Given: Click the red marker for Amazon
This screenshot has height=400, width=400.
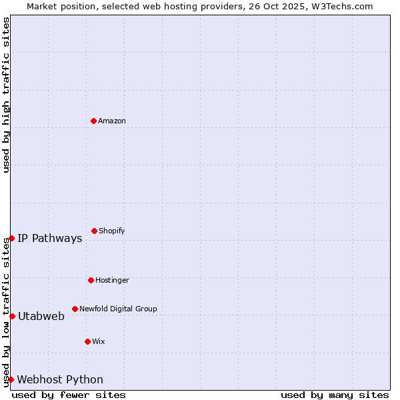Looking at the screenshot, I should pyautogui.click(x=93, y=121).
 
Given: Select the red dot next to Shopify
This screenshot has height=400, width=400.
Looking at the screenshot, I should pyautogui.click(x=94, y=231).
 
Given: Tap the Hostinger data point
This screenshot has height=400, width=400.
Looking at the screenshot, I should pyautogui.click(x=91, y=280).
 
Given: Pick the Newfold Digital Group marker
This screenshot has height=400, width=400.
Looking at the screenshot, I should pyautogui.click(x=75, y=309).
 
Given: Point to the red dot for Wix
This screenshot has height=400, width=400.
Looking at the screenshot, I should pyautogui.click(x=87, y=341).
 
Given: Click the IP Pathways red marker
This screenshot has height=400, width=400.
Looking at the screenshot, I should pyautogui.click(x=11, y=238).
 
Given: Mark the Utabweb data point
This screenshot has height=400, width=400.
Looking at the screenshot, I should pyautogui.click(x=12, y=316).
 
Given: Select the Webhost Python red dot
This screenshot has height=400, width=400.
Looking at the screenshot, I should pyautogui.click(x=11, y=379).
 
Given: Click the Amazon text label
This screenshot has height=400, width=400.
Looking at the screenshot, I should pyautogui.click(x=112, y=121).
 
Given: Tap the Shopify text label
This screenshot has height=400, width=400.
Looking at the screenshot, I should pyautogui.click(x=112, y=231).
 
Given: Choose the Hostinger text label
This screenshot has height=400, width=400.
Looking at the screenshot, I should pyautogui.click(x=112, y=280).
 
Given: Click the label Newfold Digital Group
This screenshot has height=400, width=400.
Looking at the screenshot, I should pyautogui.click(x=118, y=309).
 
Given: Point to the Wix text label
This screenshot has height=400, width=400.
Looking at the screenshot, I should pyautogui.click(x=99, y=341).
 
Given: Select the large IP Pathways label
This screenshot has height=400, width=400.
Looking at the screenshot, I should pyautogui.click(x=50, y=239).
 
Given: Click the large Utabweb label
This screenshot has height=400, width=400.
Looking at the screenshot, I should pyautogui.click(x=41, y=317).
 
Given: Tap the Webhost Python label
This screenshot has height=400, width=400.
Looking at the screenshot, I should pyautogui.click(x=60, y=380).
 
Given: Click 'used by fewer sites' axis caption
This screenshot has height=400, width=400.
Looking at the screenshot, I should pyautogui.click(x=69, y=395).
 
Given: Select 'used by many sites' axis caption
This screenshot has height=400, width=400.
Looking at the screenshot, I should pyautogui.click(x=335, y=395).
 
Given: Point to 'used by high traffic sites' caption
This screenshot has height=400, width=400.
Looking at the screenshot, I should pyautogui.click(x=6, y=95).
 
